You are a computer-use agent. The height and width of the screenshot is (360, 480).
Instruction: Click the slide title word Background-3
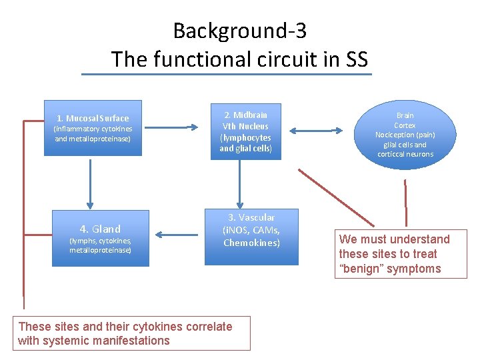[x=239, y=31]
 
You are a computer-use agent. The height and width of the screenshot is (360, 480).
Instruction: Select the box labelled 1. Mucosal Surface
[x=93, y=128]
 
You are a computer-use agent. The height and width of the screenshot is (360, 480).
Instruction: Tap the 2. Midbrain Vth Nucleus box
[x=246, y=131]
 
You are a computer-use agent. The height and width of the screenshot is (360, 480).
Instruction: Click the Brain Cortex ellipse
[x=405, y=135]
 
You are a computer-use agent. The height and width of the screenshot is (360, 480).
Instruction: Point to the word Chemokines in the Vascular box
[x=251, y=243]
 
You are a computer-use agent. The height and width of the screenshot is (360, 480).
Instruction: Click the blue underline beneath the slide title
[x=227, y=74]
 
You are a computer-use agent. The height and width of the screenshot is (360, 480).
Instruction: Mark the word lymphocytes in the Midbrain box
[x=246, y=138]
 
